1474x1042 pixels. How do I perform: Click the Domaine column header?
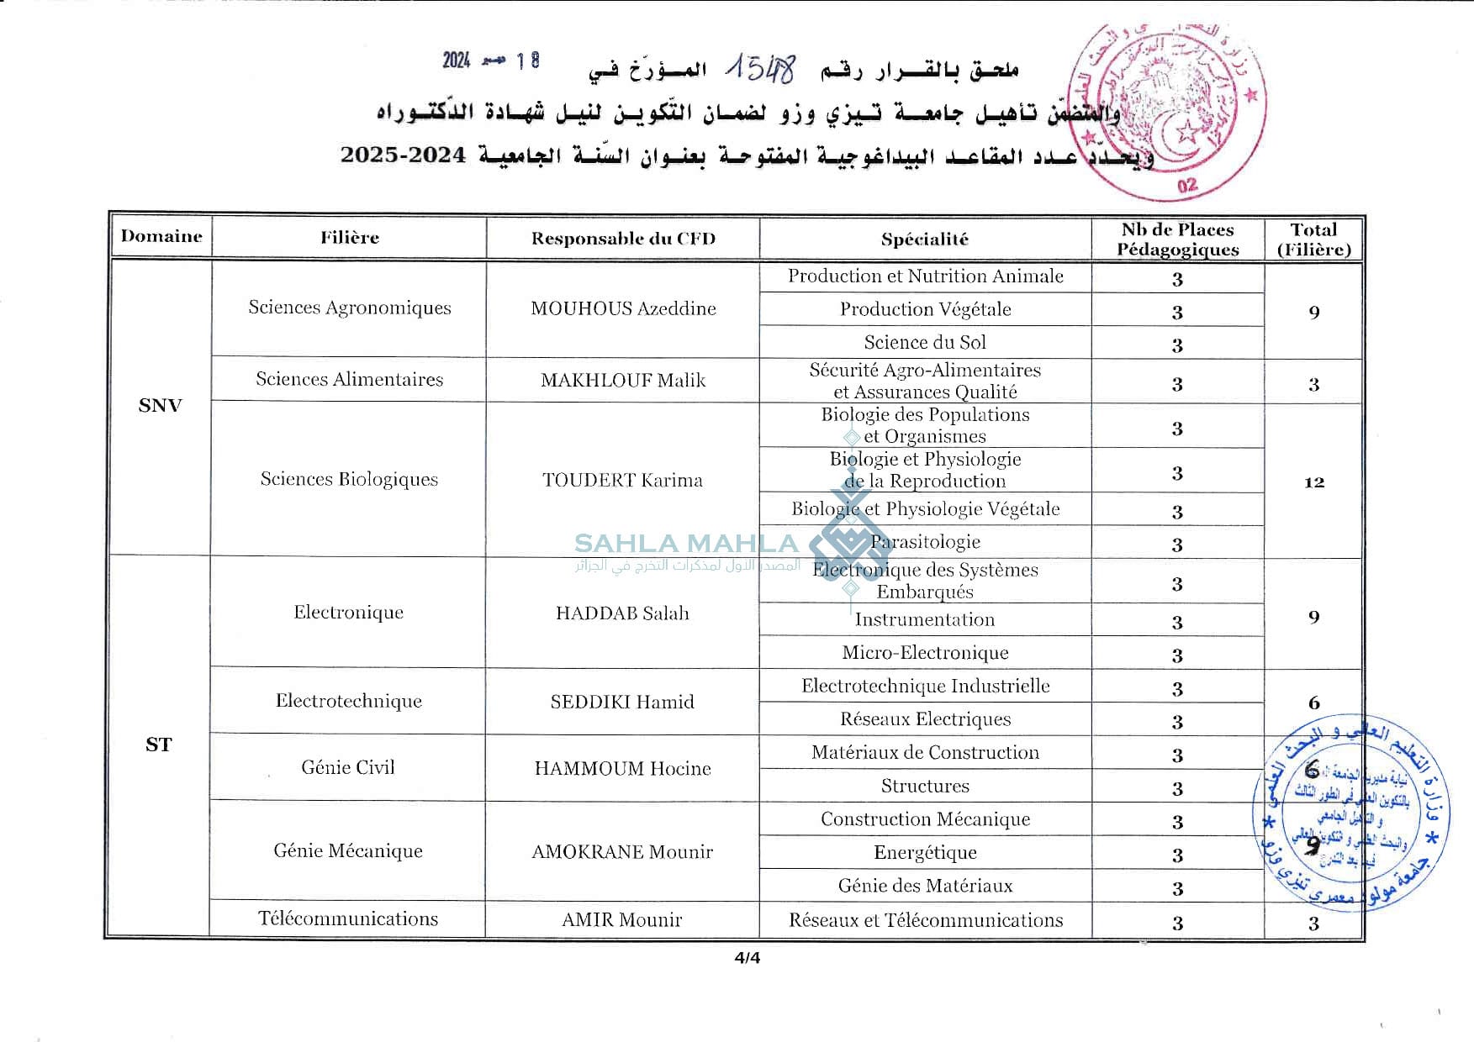point(161,236)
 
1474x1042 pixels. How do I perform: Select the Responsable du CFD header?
point(623,239)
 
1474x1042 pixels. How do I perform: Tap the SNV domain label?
point(160,406)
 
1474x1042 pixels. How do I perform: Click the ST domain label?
point(158,745)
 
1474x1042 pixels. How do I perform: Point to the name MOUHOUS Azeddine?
point(623,308)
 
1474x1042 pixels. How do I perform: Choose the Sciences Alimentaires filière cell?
point(349,379)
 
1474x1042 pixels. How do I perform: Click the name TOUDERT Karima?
point(622,480)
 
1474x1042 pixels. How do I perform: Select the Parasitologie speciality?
point(925,542)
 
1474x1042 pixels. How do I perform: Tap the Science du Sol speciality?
point(925,342)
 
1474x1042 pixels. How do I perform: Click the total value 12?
point(1314,482)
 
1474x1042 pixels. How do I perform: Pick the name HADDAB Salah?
point(622,613)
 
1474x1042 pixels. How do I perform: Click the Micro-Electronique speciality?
point(925,653)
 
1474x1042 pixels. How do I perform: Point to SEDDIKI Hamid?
point(622,702)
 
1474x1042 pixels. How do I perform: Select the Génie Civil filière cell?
point(348,767)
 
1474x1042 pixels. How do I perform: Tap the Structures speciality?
point(925,786)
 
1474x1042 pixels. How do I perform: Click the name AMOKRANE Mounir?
point(622,852)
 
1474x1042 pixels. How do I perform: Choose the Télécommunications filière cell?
point(348,918)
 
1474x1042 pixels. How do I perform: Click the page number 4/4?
point(747,958)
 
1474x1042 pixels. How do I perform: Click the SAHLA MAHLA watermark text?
point(686,544)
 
